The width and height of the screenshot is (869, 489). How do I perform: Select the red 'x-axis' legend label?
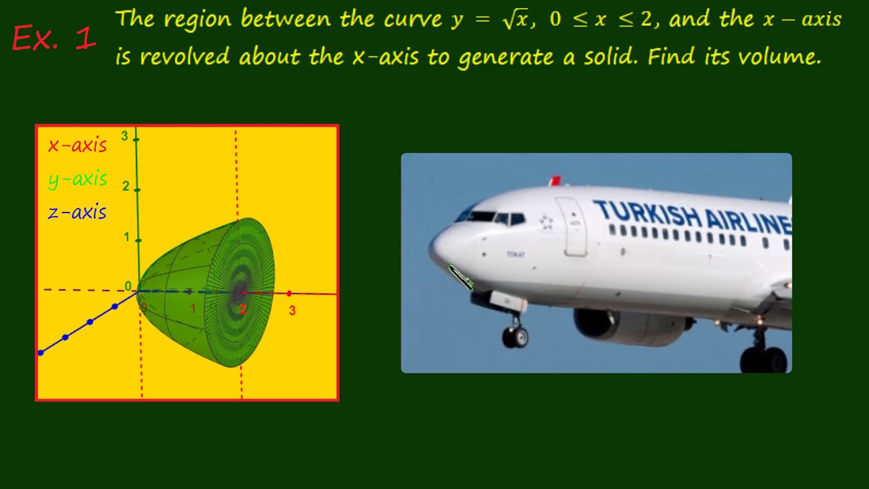click(x=77, y=145)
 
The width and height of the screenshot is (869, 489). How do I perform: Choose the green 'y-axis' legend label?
click(x=77, y=179)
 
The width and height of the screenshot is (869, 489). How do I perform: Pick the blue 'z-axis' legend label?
click(x=77, y=213)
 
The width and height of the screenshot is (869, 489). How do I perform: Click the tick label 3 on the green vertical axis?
click(x=125, y=137)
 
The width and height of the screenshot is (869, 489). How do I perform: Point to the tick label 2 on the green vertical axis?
click(x=126, y=186)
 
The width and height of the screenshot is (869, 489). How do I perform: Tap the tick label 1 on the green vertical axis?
click(x=126, y=237)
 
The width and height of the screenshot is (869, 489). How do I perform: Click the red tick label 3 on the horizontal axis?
click(x=292, y=310)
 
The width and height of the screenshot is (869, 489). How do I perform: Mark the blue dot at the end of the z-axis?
click(x=41, y=352)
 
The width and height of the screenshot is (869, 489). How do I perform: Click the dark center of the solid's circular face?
click(x=239, y=293)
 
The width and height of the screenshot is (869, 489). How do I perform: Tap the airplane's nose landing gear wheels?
click(x=515, y=336)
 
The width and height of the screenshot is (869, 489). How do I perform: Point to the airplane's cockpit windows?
click(x=492, y=217)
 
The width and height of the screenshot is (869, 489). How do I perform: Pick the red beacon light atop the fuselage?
click(x=555, y=181)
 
